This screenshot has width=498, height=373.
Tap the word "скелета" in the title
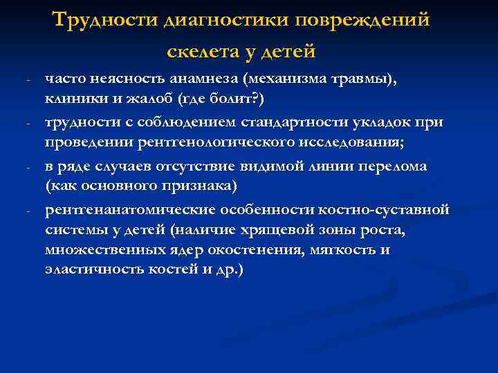200,51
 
